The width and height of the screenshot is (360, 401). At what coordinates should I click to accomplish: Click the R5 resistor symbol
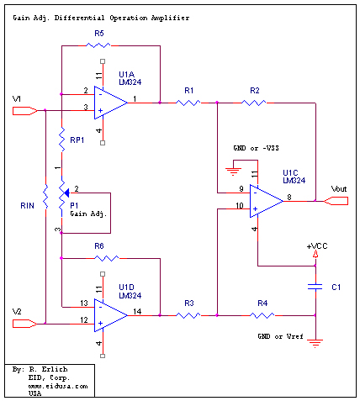click(x=98, y=45)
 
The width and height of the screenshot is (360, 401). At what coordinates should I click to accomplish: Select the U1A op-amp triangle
click(x=110, y=103)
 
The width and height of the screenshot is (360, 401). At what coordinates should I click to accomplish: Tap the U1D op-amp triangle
click(x=110, y=315)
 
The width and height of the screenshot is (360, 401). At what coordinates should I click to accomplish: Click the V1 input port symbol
click(x=25, y=111)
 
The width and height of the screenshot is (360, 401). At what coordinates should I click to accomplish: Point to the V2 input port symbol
click(x=25, y=324)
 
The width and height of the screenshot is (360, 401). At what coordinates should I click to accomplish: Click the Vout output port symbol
click(x=336, y=201)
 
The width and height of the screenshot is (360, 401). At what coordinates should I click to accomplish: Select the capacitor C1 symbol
click(x=315, y=287)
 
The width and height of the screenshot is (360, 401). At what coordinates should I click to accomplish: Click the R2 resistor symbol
click(x=254, y=103)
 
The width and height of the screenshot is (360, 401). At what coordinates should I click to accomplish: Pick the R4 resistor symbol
click(x=262, y=316)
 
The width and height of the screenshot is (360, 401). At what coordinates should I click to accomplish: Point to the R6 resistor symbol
click(x=106, y=258)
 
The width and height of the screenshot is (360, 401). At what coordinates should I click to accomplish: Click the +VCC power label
click(x=317, y=246)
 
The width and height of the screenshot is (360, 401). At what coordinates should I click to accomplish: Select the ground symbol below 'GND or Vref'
click(x=315, y=343)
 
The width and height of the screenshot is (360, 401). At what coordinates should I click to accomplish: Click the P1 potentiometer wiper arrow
click(x=66, y=193)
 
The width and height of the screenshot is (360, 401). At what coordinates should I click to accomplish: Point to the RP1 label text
click(x=77, y=140)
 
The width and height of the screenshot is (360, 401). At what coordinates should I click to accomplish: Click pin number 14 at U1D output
click(x=137, y=311)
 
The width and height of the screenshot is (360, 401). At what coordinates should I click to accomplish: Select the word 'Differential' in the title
click(x=79, y=18)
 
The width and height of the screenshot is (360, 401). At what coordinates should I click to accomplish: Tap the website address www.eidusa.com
click(x=58, y=386)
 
